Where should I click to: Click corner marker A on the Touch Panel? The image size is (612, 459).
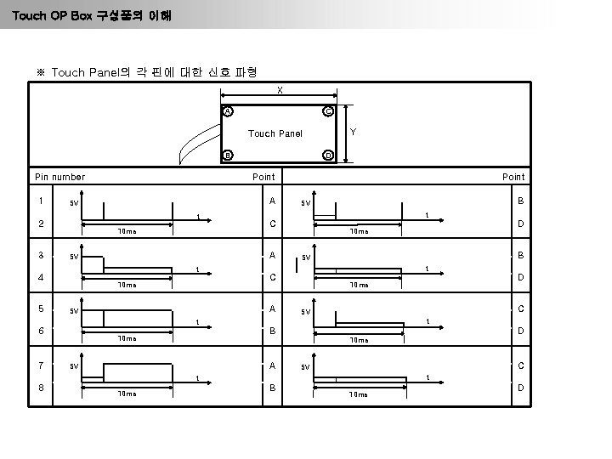(228, 112)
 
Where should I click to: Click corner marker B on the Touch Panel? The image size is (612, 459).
(228, 155)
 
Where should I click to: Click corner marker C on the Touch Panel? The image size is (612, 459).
(328, 112)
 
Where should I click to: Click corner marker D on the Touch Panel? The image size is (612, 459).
(328, 155)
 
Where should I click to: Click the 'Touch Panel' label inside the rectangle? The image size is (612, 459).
(275, 133)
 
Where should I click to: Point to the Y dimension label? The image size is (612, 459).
(354, 133)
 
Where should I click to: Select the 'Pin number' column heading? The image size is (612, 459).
(59, 177)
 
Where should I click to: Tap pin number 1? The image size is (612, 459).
(39, 201)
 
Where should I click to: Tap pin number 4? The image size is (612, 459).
(39, 277)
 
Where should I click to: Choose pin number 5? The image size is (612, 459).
(39, 309)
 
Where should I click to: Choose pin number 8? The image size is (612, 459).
(39, 387)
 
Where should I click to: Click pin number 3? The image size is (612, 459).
(39, 254)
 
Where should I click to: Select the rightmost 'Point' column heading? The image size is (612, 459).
(513, 177)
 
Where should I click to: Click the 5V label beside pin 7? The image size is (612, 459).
(75, 366)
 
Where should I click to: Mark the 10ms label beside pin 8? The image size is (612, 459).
(127, 394)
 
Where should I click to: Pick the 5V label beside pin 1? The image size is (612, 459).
(75, 204)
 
